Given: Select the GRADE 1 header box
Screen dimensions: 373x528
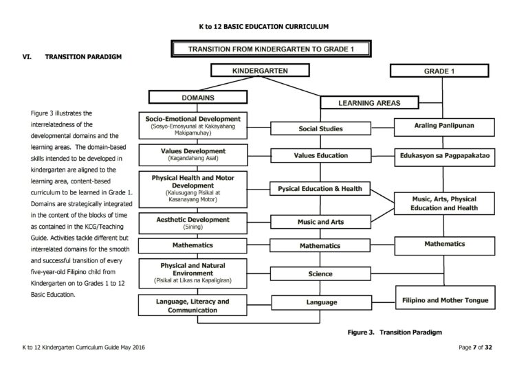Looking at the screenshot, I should click(x=439, y=71).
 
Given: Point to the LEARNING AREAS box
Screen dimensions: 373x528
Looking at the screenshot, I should click(x=369, y=103).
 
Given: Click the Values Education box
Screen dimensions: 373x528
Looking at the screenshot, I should click(x=320, y=155).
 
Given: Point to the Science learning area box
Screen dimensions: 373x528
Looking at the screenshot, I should click(x=320, y=274).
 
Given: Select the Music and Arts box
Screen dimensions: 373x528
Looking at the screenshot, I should click(x=320, y=222).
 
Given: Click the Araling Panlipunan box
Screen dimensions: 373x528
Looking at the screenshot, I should click(x=444, y=126).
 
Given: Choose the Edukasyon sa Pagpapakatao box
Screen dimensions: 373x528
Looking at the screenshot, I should click(x=444, y=155).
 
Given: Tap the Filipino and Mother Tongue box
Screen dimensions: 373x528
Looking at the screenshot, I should click(x=444, y=299).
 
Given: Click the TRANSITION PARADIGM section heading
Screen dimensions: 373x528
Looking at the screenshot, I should click(x=83, y=56).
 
